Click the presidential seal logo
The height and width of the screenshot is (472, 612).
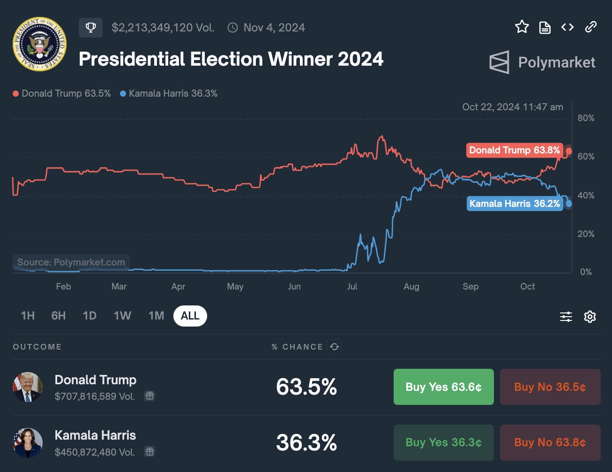[x=39, y=44]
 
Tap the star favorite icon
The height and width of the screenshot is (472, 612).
[x=522, y=27]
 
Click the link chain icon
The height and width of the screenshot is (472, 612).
[x=590, y=27]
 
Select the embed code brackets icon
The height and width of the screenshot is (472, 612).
[x=567, y=27]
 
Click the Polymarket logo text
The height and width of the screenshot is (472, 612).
[x=556, y=62]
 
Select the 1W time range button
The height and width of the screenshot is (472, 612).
[x=122, y=316]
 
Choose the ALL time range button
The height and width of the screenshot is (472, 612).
[x=190, y=316]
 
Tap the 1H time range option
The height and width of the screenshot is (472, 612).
[x=28, y=316]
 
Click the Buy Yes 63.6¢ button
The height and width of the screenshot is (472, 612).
[x=443, y=387]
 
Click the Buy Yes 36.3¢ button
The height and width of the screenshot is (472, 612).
[x=443, y=442]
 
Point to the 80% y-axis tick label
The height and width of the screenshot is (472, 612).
[x=586, y=118]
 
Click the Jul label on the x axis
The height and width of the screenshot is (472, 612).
[x=352, y=286]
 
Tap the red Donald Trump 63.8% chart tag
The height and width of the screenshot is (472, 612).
[x=514, y=150]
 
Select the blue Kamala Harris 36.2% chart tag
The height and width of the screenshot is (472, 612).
[x=515, y=204]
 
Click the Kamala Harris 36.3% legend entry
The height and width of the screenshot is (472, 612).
[x=169, y=93]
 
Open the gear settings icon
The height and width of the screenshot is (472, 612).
[x=590, y=317]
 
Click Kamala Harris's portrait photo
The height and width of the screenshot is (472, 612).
[x=28, y=442]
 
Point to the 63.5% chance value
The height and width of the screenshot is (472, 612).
[x=306, y=387]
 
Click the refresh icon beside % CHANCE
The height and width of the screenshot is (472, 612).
[x=334, y=347]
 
